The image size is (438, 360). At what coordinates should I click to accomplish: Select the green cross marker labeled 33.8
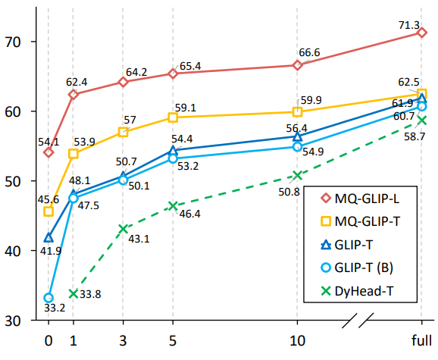(x=74, y=293)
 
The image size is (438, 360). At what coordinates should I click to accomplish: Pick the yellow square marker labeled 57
(x=123, y=132)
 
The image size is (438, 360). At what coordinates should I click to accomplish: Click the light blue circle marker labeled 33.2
(x=48, y=298)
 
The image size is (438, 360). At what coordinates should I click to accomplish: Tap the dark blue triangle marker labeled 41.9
(x=48, y=237)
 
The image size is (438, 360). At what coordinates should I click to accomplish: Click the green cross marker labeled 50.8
(x=296, y=175)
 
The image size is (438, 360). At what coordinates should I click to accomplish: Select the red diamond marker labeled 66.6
(x=296, y=65)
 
